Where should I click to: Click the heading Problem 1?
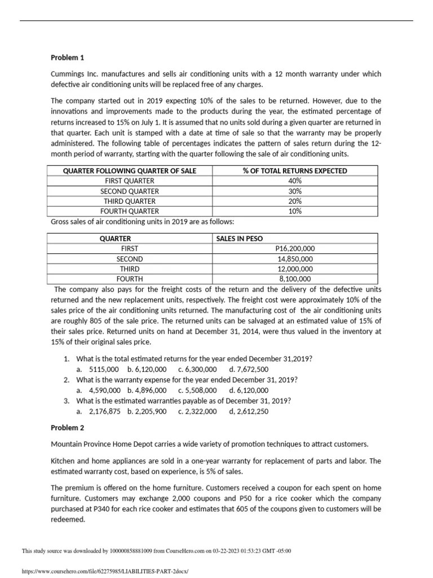click(67, 57)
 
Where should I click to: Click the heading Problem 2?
click(67, 427)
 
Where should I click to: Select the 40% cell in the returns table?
click(295, 181)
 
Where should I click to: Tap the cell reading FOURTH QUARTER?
click(130, 211)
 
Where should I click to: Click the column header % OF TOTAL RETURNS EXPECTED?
click(295, 170)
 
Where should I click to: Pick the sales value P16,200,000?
click(295, 248)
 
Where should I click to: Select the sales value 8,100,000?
click(295, 279)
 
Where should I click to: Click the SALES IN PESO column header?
click(240, 238)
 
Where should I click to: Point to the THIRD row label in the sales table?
click(130, 269)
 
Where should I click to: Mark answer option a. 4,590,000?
click(99, 390)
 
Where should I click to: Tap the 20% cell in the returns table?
click(295, 201)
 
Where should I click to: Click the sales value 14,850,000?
click(295, 259)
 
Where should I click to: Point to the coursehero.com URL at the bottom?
click(104, 571)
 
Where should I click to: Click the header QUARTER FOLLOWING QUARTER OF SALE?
click(130, 170)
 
